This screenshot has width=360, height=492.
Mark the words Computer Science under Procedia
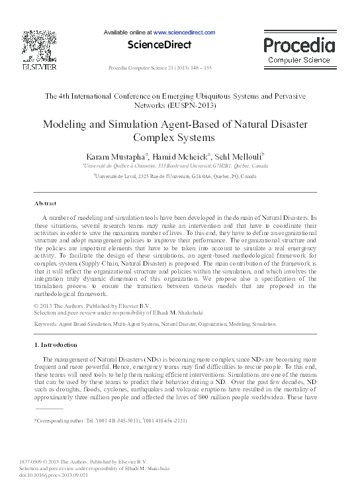(x=299, y=60)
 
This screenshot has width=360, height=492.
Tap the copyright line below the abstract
(x=92, y=305)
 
